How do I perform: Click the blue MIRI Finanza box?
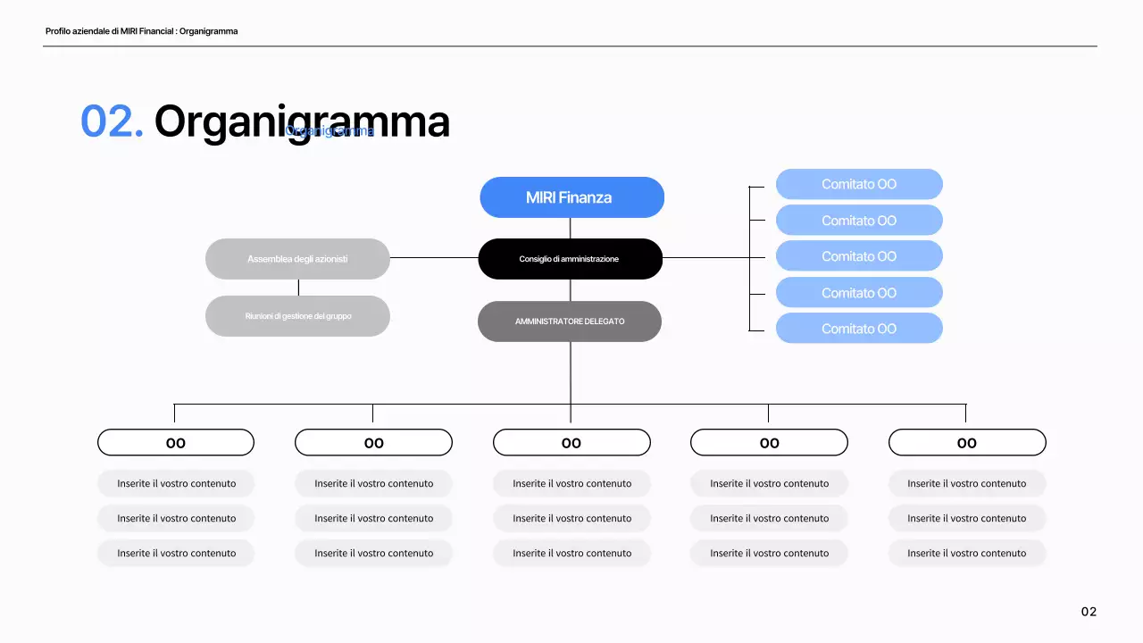pyautogui.click(x=571, y=197)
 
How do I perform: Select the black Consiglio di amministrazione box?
pyautogui.click(x=570, y=259)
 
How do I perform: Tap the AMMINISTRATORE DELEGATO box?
pyautogui.click(x=570, y=321)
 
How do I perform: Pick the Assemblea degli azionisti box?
pyautogui.click(x=297, y=259)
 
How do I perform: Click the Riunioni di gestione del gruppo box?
pyautogui.click(x=297, y=316)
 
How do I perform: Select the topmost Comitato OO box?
pyautogui.click(x=859, y=184)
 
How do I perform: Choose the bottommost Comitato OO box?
pyautogui.click(x=859, y=329)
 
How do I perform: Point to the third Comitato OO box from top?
pyautogui.click(x=859, y=256)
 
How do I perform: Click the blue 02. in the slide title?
pyautogui.click(x=112, y=121)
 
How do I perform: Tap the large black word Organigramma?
pyautogui.click(x=302, y=121)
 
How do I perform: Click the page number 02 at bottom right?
pyautogui.click(x=1089, y=612)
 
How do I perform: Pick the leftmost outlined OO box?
pyautogui.click(x=176, y=443)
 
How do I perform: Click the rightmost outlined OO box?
pyautogui.click(x=967, y=443)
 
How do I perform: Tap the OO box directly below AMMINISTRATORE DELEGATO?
pyautogui.click(x=571, y=443)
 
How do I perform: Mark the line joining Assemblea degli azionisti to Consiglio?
pyautogui.click(x=434, y=258)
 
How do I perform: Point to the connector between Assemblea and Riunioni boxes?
pyautogui.click(x=298, y=288)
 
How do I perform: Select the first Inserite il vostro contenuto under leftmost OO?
pyautogui.click(x=176, y=483)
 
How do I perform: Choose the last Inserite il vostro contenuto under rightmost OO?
pyautogui.click(x=967, y=553)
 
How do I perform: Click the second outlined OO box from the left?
pyautogui.click(x=373, y=443)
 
